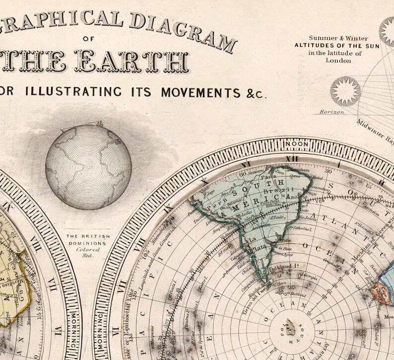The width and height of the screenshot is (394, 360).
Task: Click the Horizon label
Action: tap(332, 112)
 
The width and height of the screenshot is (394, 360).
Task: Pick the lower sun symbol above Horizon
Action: tap(345, 91)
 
